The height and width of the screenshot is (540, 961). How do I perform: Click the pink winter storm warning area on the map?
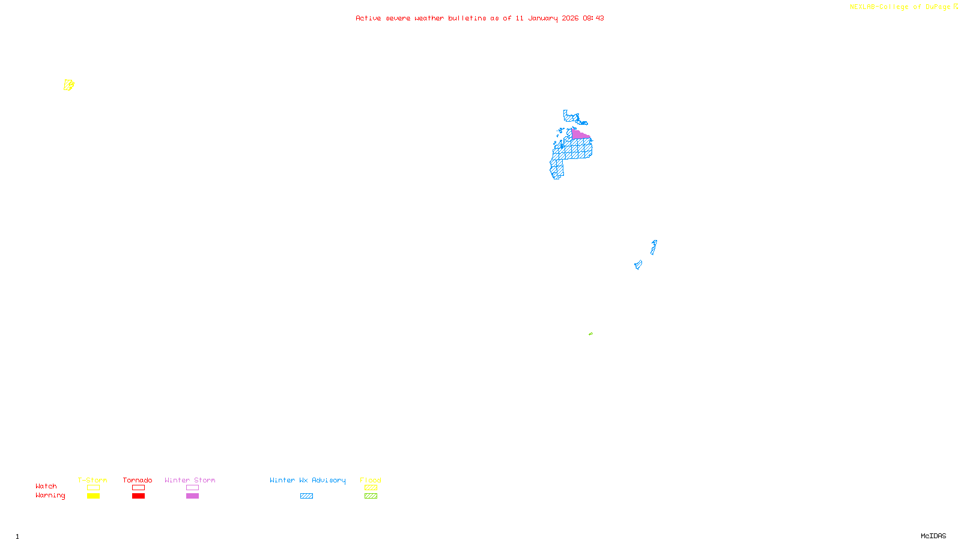[x=579, y=135]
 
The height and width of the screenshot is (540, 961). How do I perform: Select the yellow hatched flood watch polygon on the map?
[x=68, y=85]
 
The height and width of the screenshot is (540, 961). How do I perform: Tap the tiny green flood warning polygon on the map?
[x=590, y=334]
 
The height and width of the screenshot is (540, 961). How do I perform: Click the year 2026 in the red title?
[x=570, y=18]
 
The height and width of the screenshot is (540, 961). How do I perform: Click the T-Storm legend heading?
[x=92, y=480]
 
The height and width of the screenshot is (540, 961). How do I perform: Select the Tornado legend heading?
[x=138, y=480]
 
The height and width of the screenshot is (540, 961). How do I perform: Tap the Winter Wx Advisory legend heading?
[x=308, y=480]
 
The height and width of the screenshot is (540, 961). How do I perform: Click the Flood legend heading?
[x=371, y=480]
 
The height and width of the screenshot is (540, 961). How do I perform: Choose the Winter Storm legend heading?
[x=190, y=480]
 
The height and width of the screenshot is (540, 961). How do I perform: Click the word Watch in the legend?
[x=46, y=486]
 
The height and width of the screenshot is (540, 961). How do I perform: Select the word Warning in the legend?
[x=50, y=496]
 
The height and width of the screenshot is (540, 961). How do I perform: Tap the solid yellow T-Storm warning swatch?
[x=93, y=496]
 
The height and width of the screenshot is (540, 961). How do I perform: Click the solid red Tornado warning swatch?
[x=138, y=496]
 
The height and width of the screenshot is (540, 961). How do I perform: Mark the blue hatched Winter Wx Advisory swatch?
[x=306, y=496]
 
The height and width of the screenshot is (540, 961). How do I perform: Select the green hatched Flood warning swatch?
[x=371, y=496]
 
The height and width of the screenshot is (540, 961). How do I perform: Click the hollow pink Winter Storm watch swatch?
[x=192, y=488]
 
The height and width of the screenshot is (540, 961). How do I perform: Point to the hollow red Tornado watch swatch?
[x=138, y=488]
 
